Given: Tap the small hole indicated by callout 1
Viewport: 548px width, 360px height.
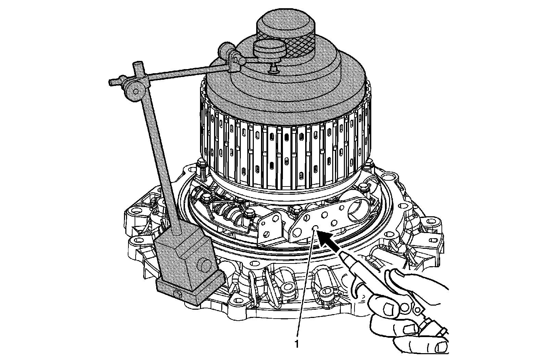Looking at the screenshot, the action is coord(316,229).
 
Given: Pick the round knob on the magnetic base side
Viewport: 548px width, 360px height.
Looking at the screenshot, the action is coord(204,264).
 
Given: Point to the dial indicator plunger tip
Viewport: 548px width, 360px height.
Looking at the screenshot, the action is coord(273,71).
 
